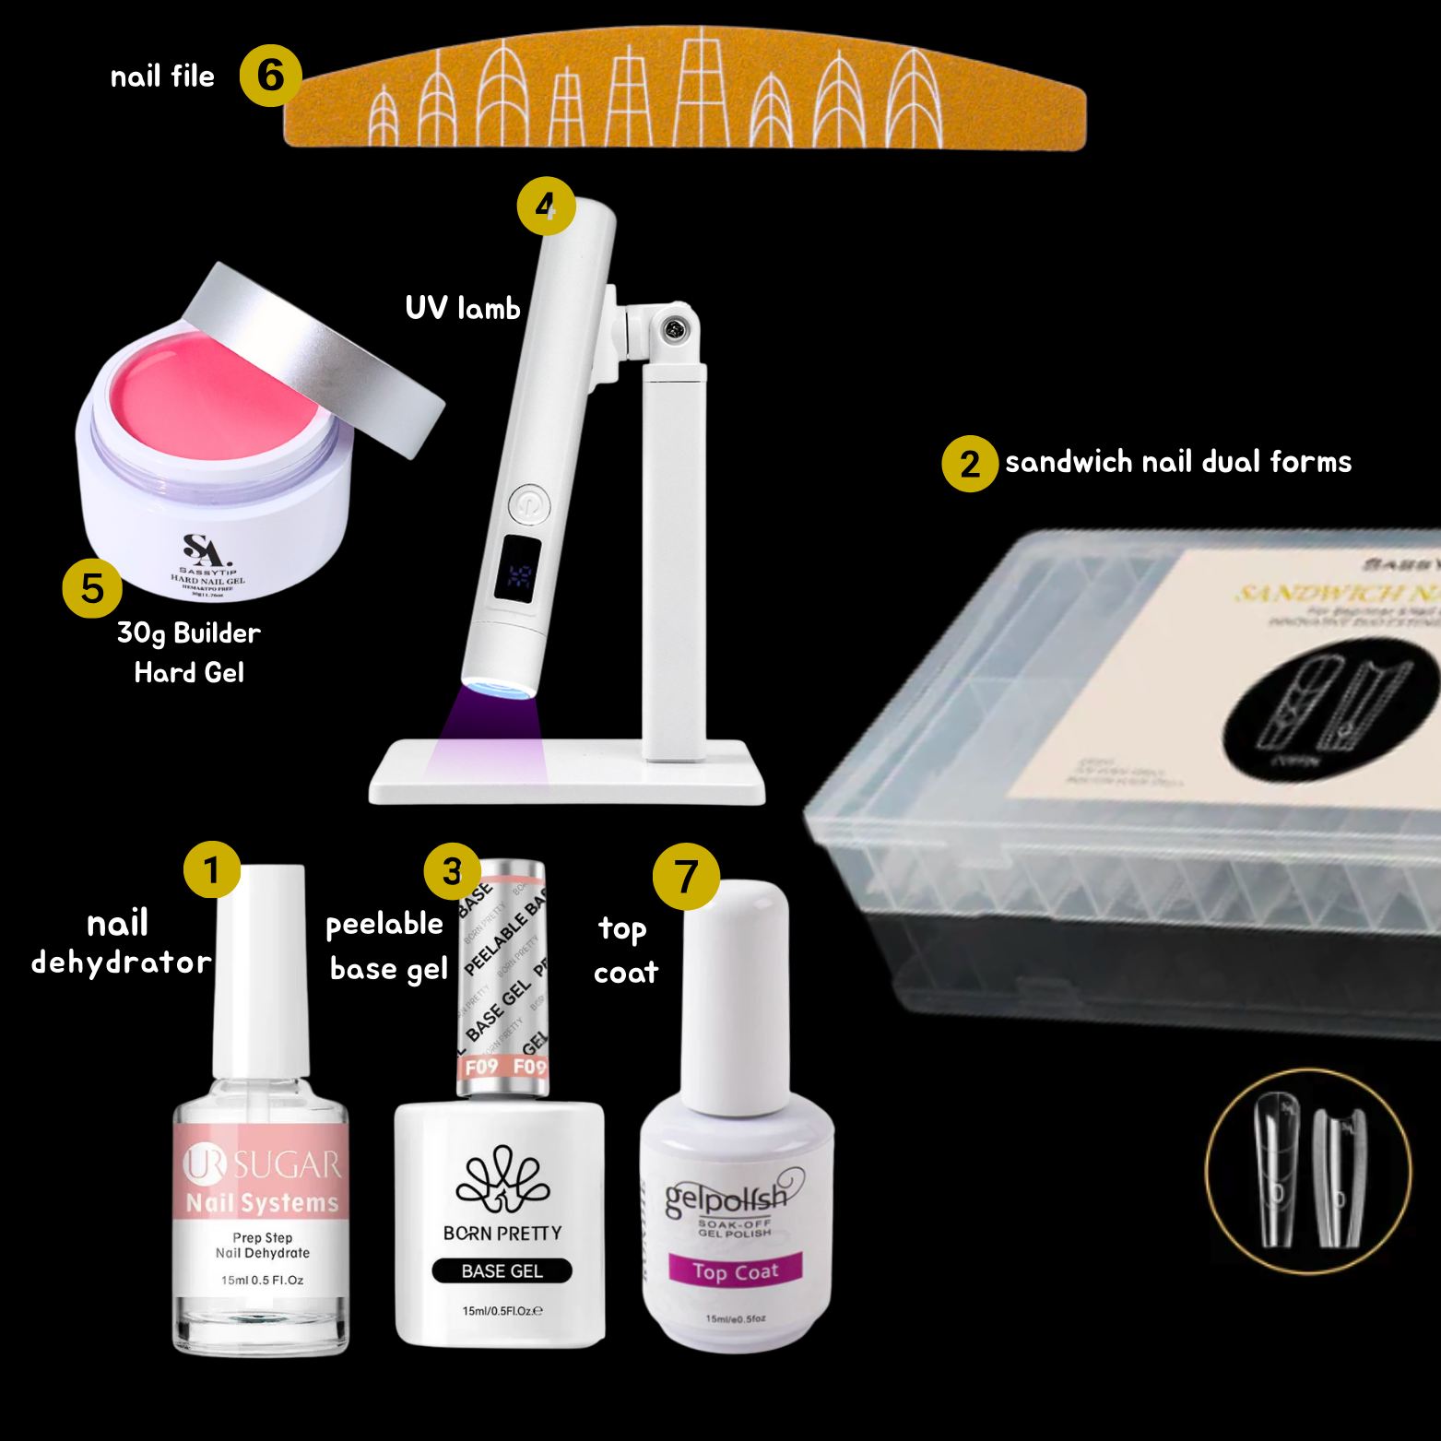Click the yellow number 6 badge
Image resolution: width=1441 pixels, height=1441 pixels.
click(x=270, y=76)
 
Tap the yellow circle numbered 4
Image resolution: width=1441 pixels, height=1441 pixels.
click(x=546, y=206)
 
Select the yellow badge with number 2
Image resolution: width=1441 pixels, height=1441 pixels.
click(x=969, y=464)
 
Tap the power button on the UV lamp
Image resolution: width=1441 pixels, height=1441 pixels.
click(x=529, y=504)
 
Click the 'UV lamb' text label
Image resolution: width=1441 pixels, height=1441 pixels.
click(x=463, y=308)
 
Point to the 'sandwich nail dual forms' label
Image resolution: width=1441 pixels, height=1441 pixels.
click(x=1177, y=462)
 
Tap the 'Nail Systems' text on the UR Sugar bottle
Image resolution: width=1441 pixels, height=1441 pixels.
click(x=263, y=1203)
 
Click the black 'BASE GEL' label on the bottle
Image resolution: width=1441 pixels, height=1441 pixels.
click(x=502, y=1270)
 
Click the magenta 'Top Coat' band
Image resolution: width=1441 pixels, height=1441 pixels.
click(x=735, y=1270)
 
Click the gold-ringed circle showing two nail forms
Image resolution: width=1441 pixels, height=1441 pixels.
click(x=1308, y=1172)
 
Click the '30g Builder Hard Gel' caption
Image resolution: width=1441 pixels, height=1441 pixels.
click(x=189, y=653)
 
